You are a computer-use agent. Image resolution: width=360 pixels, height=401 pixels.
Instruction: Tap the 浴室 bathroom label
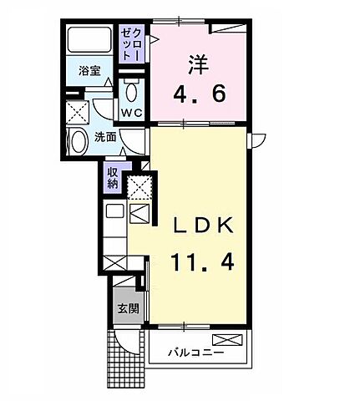click(90, 71)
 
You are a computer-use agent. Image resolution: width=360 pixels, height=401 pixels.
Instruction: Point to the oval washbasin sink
click(78, 141)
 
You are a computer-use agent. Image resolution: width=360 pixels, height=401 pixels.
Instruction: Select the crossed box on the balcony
click(226, 340)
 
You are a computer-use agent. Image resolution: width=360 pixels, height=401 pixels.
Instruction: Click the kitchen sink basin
click(114, 212)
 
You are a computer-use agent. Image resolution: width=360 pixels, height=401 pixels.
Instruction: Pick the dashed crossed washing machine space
click(79, 110)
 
